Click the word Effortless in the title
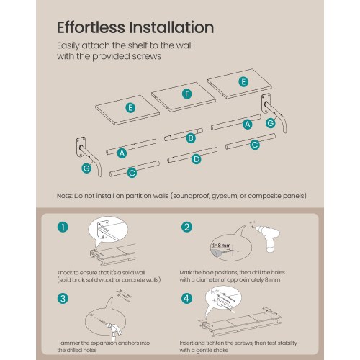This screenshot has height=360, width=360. pyautogui.click(x=91, y=27)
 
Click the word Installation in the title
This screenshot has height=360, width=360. pyautogui.click(x=171, y=27)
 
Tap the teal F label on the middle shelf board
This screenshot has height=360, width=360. pyautogui.click(x=186, y=94)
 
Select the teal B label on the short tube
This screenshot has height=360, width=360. pyautogui.click(x=191, y=138)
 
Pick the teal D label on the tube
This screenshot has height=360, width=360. pyautogui.click(x=197, y=159)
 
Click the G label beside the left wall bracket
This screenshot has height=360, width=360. pyautogui.click(x=86, y=168)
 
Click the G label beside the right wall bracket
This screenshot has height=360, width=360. pyautogui.click(x=271, y=123)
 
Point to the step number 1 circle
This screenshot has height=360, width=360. pyautogui.click(x=63, y=227)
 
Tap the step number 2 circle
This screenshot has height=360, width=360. pyautogui.click(x=186, y=227)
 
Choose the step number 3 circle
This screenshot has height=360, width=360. pyautogui.click(x=63, y=299)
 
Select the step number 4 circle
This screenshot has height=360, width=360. pyautogui.click(x=186, y=299)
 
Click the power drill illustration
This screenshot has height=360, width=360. pyautogui.click(x=269, y=238)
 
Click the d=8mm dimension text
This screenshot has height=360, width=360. pyautogui.click(x=221, y=246)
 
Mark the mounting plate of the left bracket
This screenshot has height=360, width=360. pyautogui.click(x=81, y=147)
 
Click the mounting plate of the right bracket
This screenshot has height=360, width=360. pyautogui.click(x=266, y=103)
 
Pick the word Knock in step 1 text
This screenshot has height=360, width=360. pyautogui.click(x=64, y=273)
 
